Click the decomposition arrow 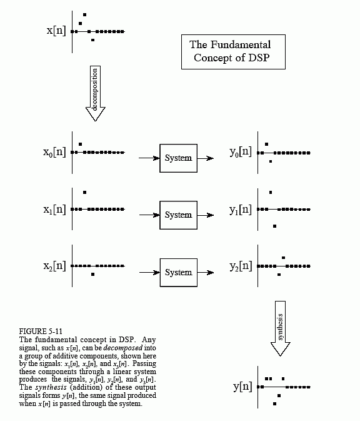[95, 93]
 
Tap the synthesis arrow [281, 328]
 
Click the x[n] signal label [56, 31]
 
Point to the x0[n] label [54, 152]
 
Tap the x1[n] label [54, 210]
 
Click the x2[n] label [54, 266]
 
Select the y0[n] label [241, 152]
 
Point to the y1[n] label [241, 210]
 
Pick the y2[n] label [241, 266]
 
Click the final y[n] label [242, 387]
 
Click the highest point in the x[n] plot [84, 15]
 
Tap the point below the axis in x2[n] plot [92, 275]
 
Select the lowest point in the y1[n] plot [274, 226]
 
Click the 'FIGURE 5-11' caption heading [41, 332]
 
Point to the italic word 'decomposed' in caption [123, 348]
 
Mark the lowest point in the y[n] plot [274, 403]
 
